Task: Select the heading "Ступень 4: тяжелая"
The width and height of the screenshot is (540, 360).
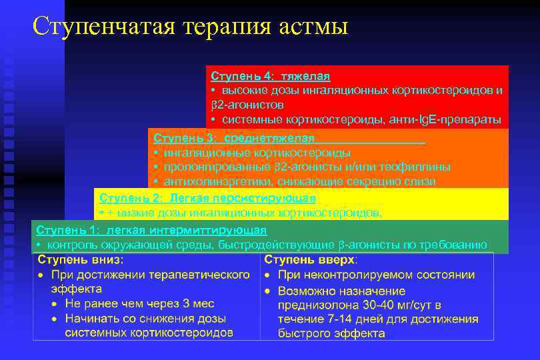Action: (270, 77)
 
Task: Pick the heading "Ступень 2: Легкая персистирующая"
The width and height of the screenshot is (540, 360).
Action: (207, 198)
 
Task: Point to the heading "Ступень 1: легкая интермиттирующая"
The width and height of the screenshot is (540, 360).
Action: (151, 230)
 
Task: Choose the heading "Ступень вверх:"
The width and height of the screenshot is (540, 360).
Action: (311, 259)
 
